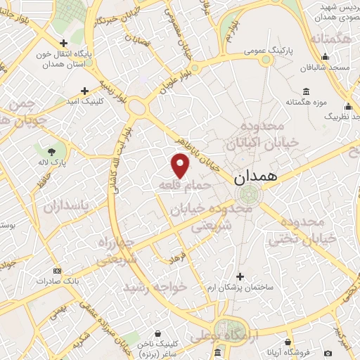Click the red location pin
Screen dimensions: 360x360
[x=181, y=165]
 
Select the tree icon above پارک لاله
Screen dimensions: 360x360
[x=52, y=150]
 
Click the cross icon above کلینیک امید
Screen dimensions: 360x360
[x=85, y=91]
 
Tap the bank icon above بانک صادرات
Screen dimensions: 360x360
[x=57, y=271]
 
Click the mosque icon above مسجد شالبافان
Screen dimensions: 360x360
[x=325, y=57]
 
